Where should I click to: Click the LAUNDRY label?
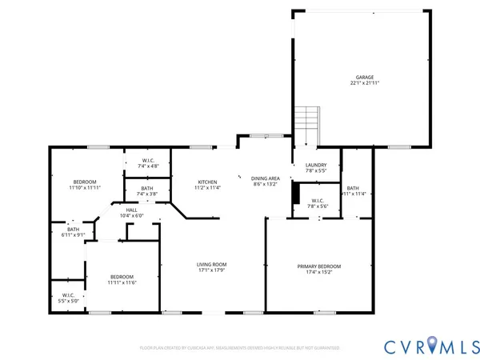pyautogui.click(x=317, y=166)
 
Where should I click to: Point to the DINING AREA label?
pyautogui.click(x=265, y=178)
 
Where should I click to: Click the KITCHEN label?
pyautogui.click(x=208, y=182)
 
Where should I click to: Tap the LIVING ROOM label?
pyautogui.click(x=213, y=264)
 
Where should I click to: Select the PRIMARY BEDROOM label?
pyautogui.click(x=319, y=266)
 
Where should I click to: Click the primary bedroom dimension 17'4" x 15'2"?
pyautogui.click(x=319, y=273)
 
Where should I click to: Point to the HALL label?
pyautogui.click(x=130, y=210)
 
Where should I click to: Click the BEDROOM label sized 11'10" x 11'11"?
pyautogui.click(x=84, y=182)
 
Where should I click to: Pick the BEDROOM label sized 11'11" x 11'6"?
pyautogui.click(x=122, y=277)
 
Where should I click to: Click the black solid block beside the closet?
pyautogui.click(x=295, y=194)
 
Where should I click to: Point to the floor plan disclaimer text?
pyautogui.click(x=240, y=349)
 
